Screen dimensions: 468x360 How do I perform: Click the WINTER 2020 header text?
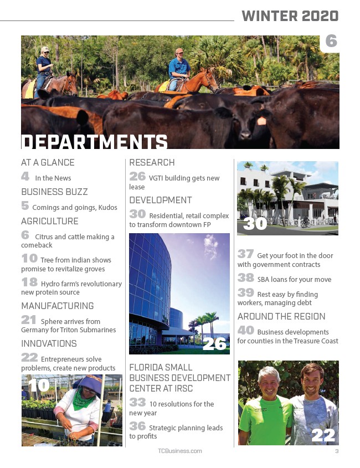[290, 16]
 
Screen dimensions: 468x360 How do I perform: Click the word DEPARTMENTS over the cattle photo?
[94, 142]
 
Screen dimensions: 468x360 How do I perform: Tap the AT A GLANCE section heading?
[48, 163]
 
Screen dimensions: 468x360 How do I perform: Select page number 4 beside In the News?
[25, 177]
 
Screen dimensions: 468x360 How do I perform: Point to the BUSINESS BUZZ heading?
[54, 192]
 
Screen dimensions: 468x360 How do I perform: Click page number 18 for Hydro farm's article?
[29, 282]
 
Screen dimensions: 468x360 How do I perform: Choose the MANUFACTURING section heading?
[58, 306]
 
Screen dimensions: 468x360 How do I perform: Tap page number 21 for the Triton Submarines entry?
[29, 320]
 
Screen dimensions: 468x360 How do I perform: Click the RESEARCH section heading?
[152, 163]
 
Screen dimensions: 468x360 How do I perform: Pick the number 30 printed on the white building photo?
[255, 224]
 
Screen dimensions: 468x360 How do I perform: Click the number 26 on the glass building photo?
[215, 344]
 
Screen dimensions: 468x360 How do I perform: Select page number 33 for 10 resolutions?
[137, 403]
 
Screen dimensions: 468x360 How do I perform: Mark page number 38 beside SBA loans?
[246, 278]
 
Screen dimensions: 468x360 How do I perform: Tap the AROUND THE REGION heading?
[281, 317]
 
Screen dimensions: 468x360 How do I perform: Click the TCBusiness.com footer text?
[180, 451]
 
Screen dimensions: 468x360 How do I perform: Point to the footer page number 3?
[336, 451]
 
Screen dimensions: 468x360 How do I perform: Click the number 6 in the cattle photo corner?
[331, 42]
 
